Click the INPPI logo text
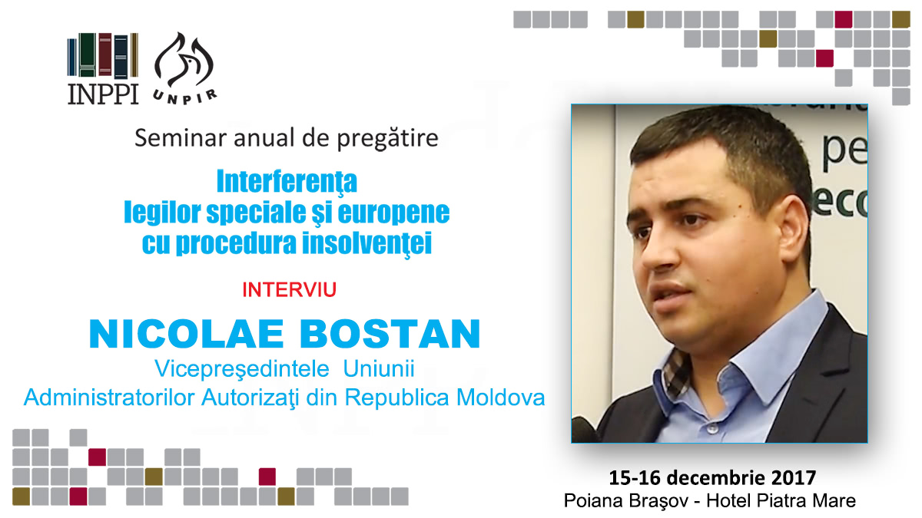click(x=103, y=94)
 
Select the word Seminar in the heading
click(x=181, y=137)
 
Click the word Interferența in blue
click(x=287, y=182)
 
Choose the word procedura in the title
click(x=236, y=243)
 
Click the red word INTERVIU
click(x=290, y=290)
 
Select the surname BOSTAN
click(x=390, y=333)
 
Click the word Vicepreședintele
click(x=242, y=369)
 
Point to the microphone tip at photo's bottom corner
click(x=583, y=430)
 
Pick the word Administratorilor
click(x=109, y=398)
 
